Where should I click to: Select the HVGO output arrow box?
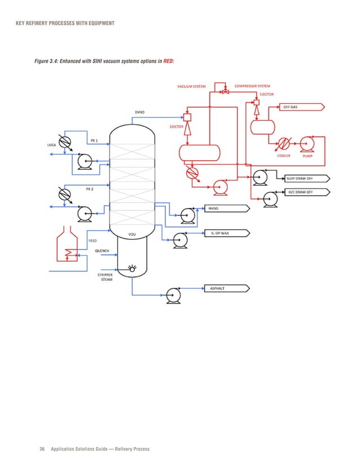[226, 208]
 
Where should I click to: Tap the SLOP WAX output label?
[225, 232]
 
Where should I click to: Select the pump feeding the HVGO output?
[187, 213]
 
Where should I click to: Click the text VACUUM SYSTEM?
[192, 86]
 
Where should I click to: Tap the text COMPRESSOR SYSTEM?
[252, 86]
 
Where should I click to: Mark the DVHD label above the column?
[139, 112]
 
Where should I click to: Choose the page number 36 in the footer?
[42, 449]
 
